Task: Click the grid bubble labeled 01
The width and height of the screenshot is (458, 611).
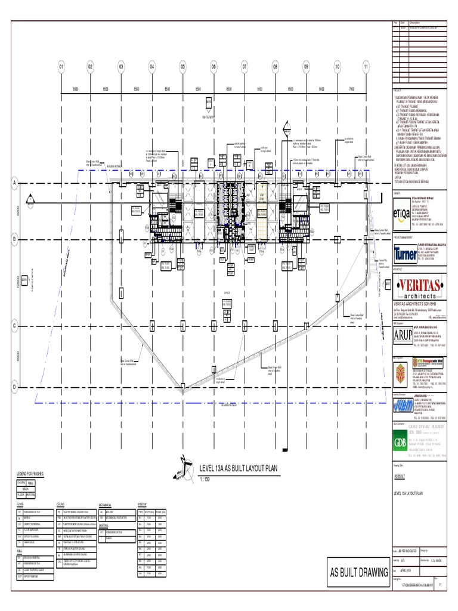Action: pyautogui.click(x=60, y=67)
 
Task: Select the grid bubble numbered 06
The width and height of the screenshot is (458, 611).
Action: pyautogui.click(x=213, y=67)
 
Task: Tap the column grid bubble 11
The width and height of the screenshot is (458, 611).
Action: pyautogui.click(x=366, y=67)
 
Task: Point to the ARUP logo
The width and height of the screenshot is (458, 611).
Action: pyautogui.click(x=403, y=335)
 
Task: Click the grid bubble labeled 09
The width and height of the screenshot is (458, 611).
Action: pyautogui.click(x=305, y=67)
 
